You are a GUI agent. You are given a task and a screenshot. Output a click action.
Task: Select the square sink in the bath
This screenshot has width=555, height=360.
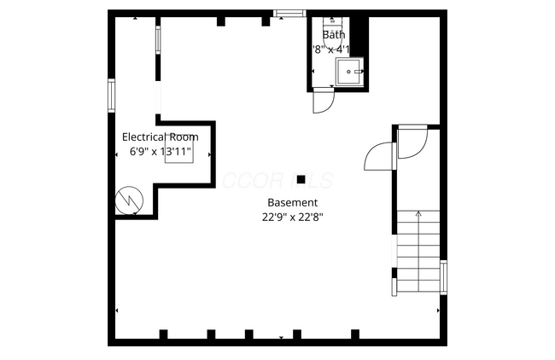coord(349,73)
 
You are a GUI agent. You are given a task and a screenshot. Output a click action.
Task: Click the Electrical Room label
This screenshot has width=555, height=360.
coord(161,136)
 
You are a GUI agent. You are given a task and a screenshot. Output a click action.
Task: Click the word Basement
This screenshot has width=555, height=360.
coord(292,203)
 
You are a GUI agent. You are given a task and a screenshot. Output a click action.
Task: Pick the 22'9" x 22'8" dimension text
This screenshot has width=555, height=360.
coord(292,217)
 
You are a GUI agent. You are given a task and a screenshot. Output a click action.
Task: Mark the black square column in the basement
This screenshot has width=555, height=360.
coord(301,179)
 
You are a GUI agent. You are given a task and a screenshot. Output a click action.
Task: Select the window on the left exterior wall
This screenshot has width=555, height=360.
coord(111,94)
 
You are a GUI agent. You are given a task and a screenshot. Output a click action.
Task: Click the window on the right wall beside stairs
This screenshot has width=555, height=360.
coord(443,278)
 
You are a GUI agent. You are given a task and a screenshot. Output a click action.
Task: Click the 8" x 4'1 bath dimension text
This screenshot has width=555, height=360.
coord(331,49)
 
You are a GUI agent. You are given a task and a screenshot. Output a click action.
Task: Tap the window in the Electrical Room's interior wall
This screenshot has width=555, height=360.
coord(157,40)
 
